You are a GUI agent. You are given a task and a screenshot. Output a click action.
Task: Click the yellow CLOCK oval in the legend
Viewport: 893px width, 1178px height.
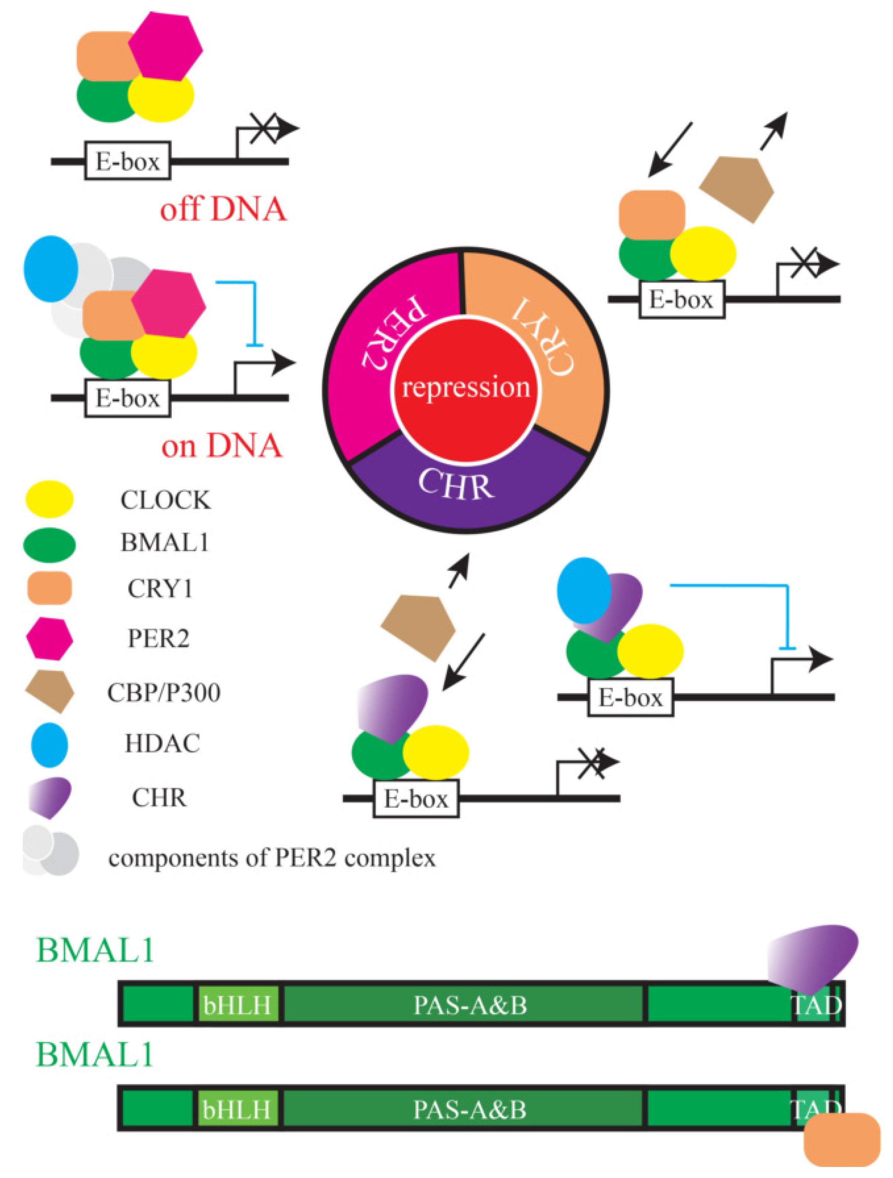pyautogui.click(x=49, y=499)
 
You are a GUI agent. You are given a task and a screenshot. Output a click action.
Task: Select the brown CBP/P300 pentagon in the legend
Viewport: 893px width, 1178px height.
pyautogui.click(x=49, y=691)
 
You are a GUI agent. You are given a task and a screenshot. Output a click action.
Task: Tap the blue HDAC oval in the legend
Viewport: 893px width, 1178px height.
pyautogui.click(x=49, y=745)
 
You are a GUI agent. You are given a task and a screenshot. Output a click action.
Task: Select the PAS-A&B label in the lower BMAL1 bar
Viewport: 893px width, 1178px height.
pyautogui.click(x=470, y=1110)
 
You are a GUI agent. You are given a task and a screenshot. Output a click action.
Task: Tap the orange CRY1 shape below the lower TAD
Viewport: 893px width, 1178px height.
pyautogui.click(x=842, y=1140)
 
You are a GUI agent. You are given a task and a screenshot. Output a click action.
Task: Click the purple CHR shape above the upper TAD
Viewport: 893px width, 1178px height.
pyautogui.click(x=813, y=956)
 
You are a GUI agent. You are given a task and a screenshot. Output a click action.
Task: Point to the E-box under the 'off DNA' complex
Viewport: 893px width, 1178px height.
pyautogui.click(x=127, y=160)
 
